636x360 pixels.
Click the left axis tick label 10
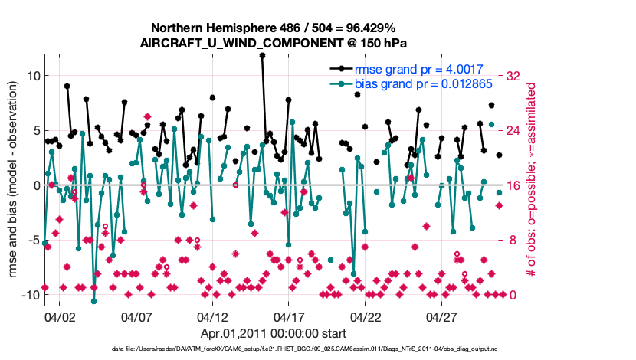pyautogui.click(x=33, y=76)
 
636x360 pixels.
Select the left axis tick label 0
pyautogui.click(x=36, y=185)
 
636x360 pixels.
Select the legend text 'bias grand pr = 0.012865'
pyautogui.click(x=428, y=84)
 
